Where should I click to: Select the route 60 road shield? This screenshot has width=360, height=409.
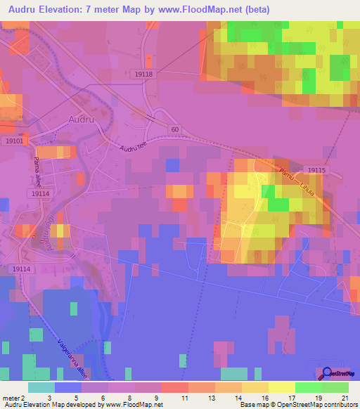tap(175, 130)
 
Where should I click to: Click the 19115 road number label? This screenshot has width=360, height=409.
tap(316, 170)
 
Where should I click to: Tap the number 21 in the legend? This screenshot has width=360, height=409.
tap(345, 398)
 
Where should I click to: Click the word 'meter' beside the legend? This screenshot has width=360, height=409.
tap(11, 398)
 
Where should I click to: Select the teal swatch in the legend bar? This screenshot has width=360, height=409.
tap(41, 387)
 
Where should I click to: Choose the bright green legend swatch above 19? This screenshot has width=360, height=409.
tap(308, 387)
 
